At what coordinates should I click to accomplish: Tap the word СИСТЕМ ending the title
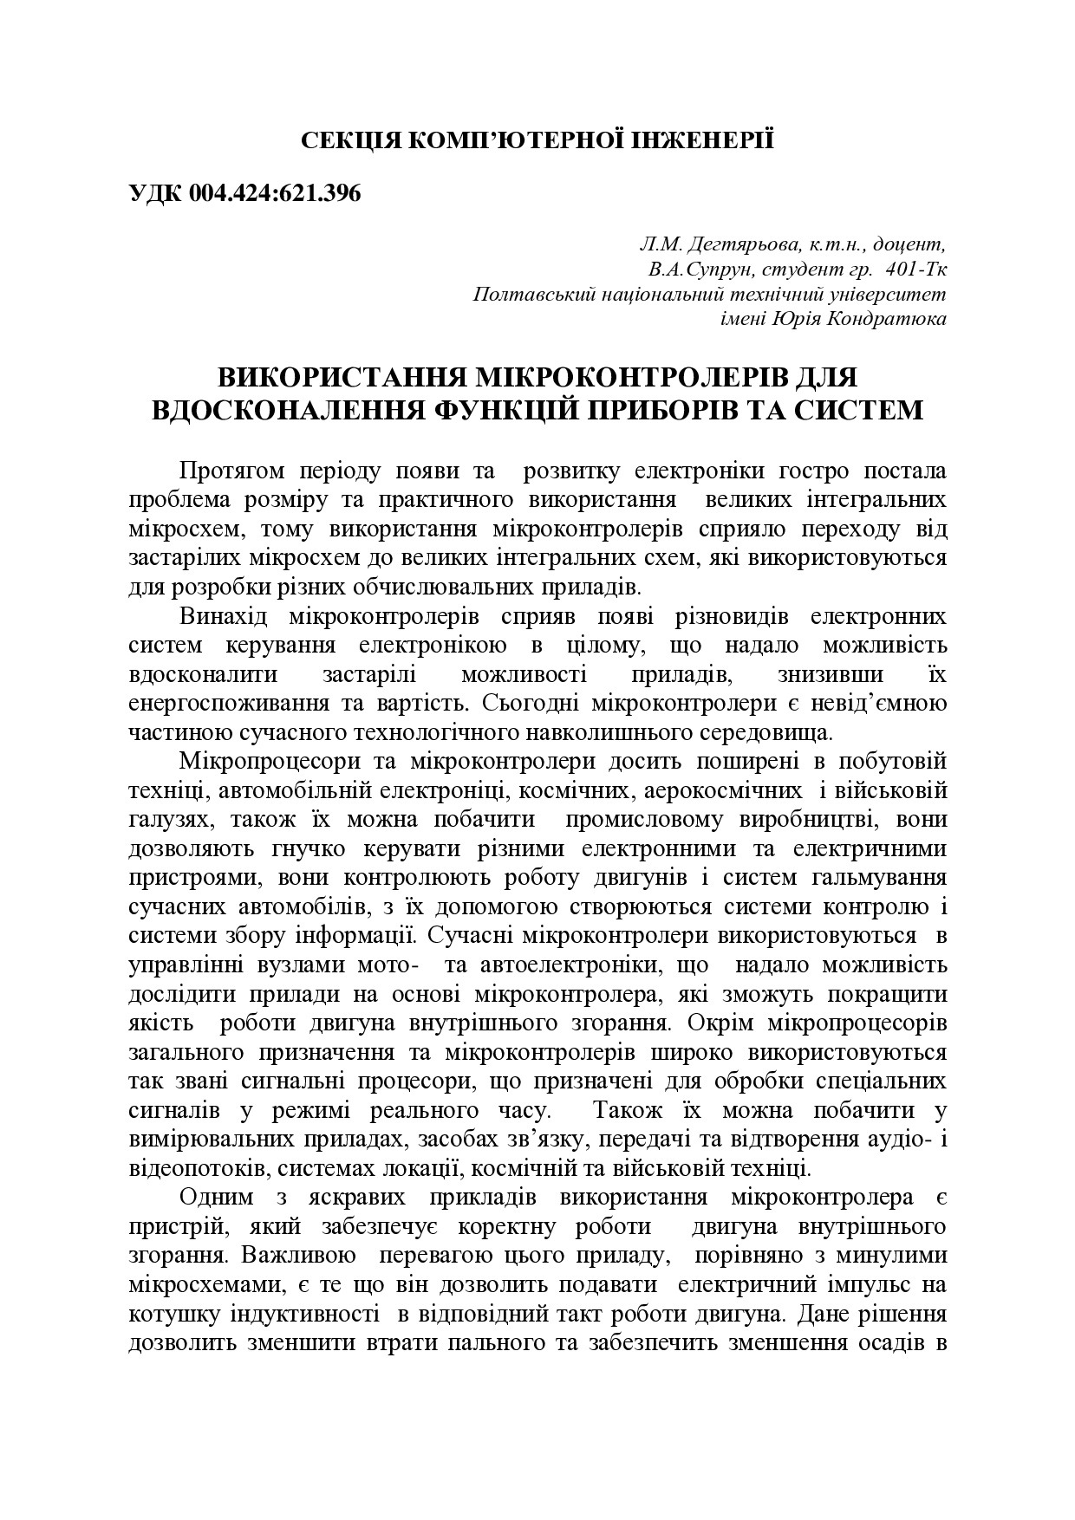pyautogui.click(x=854, y=409)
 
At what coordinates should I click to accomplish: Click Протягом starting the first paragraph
pyautogui.click(x=227, y=472)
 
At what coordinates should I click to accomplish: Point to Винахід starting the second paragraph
pyautogui.click(x=224, y=617)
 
